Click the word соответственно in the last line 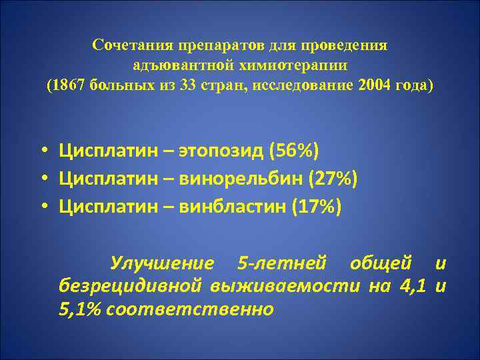click(x=189, y=309)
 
